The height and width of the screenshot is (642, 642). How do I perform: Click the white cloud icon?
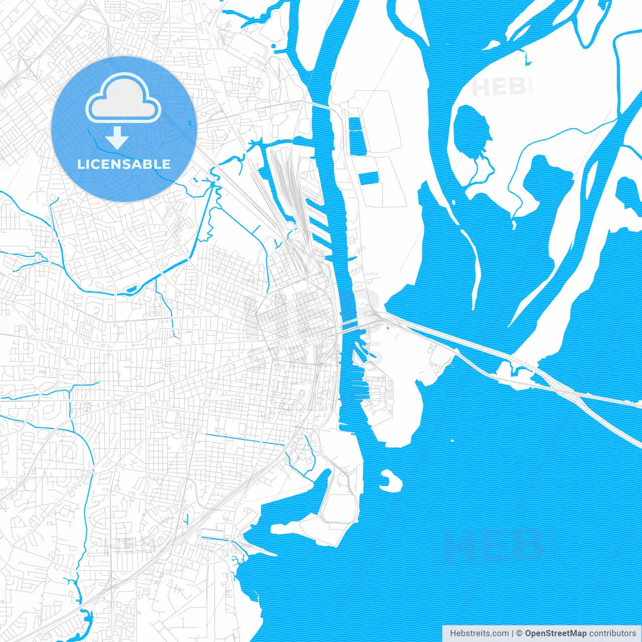[x=123, y=100]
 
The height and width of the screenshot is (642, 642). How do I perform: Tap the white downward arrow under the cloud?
[x=117, y=137]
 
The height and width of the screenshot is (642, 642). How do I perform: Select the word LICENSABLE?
[x=123, y=164]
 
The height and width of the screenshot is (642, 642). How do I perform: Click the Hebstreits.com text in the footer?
[x=479, y=633]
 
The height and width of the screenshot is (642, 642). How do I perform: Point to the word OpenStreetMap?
[x=556, y=633]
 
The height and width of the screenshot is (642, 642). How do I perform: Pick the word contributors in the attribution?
[x=612, y=633]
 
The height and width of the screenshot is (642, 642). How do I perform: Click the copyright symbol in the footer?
[x=520, y=633]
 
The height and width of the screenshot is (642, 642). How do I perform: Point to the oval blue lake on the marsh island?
[x=470, y=129]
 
